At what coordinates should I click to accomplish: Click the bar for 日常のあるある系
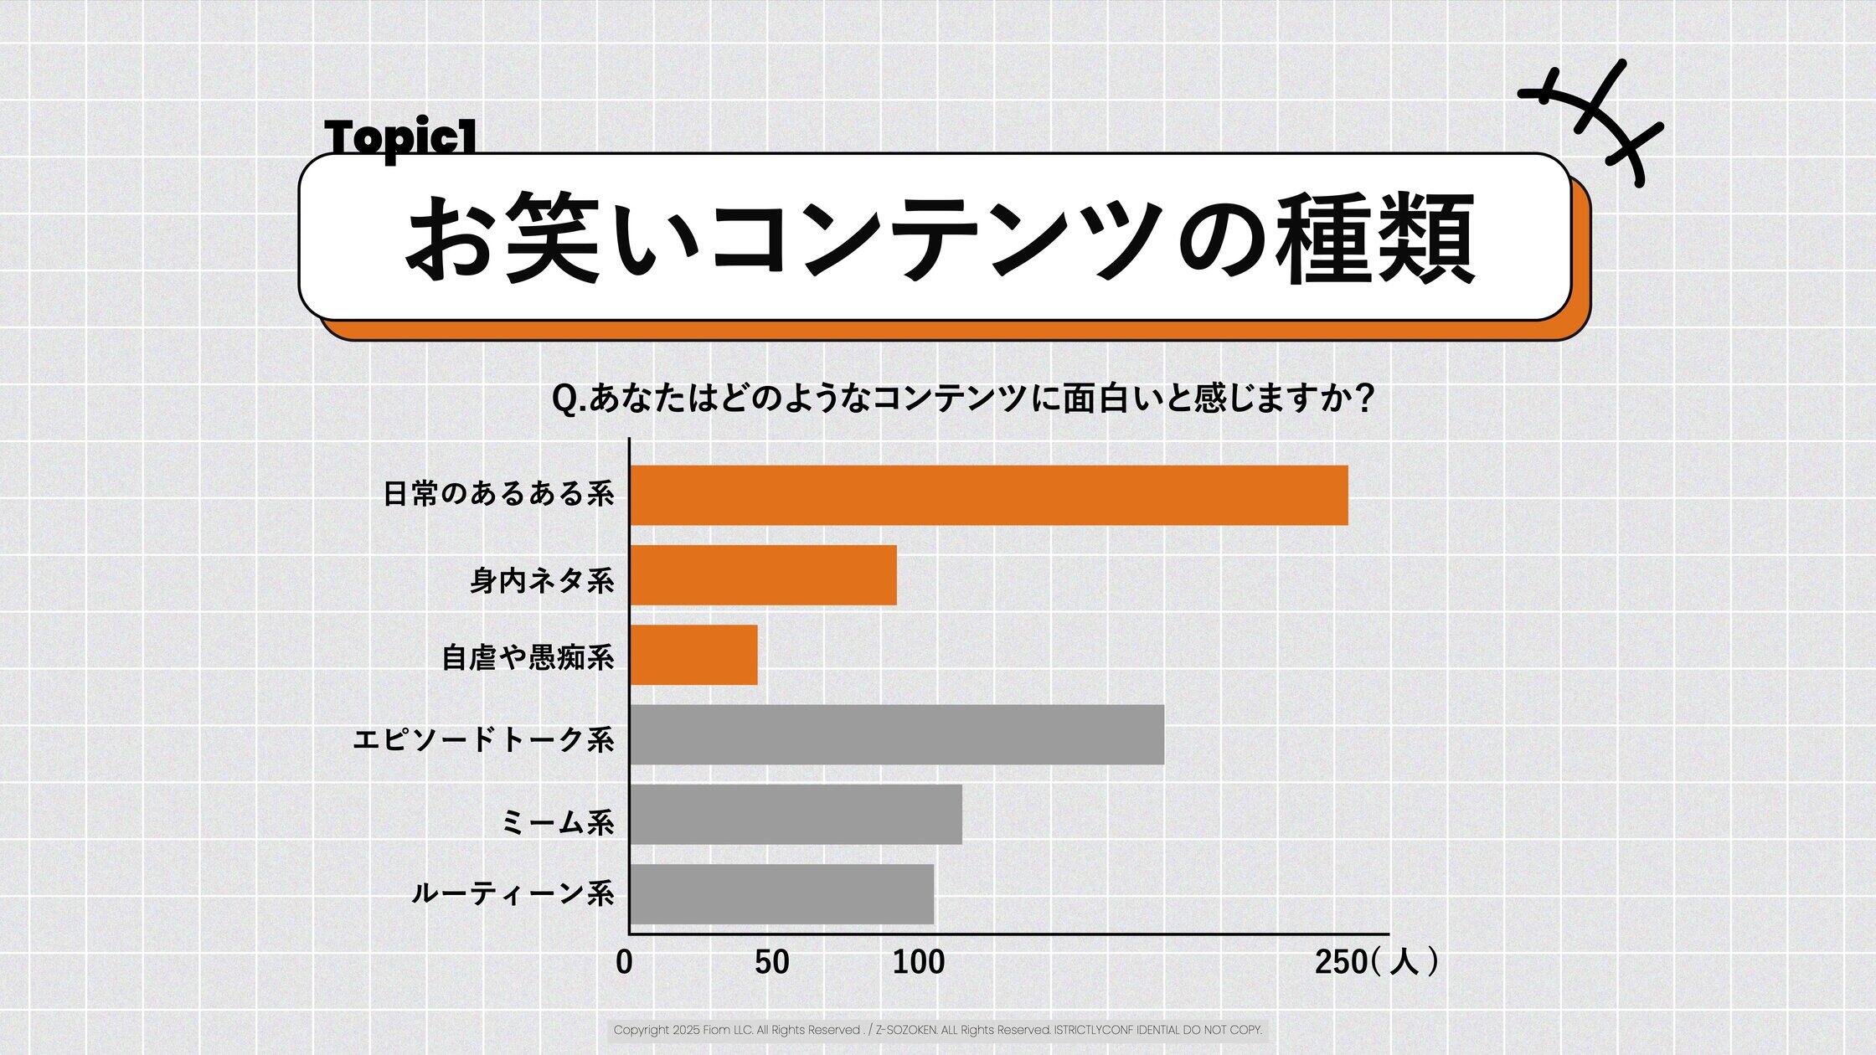coord(988,495)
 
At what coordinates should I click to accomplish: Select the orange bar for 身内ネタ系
coord(763,575)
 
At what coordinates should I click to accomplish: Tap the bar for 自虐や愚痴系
coord(693,655)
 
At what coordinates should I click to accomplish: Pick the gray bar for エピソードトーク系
coord(896,734)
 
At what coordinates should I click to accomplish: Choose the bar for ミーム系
coord(796,814)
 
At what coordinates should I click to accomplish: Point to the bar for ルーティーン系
coord(781,894)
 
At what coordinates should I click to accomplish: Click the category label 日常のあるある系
coord(499,494)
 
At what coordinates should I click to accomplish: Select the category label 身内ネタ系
coord(542,580)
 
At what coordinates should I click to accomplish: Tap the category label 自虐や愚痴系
coord(528,658)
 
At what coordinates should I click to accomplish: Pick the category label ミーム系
coord(558,822)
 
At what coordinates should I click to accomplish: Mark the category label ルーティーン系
coord(513,894)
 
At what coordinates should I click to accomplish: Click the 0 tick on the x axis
coord(624,963)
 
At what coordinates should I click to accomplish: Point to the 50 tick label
coord(771,963)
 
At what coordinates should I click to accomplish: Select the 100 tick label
coord(919,963)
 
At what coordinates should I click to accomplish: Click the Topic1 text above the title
coord(400,137)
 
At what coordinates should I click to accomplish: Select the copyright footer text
coord(937,1030)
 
